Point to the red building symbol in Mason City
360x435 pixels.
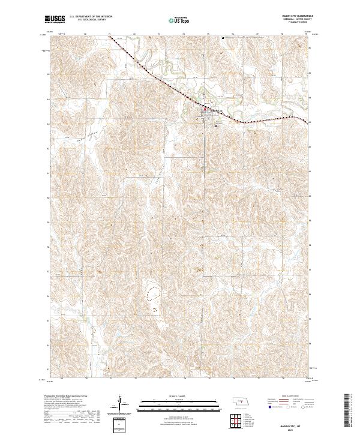tap(206, 109)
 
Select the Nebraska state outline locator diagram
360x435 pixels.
tap(240, 400)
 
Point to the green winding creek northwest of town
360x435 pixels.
tap(174, 71)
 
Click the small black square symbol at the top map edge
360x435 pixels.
tap(223, 40)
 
